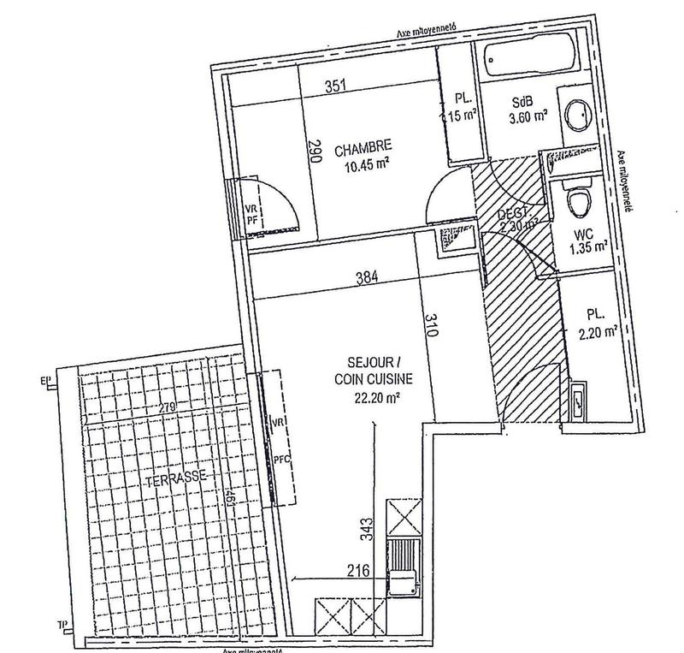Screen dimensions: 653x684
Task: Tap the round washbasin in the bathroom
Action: pyautogui.click(x=581, y=115)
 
